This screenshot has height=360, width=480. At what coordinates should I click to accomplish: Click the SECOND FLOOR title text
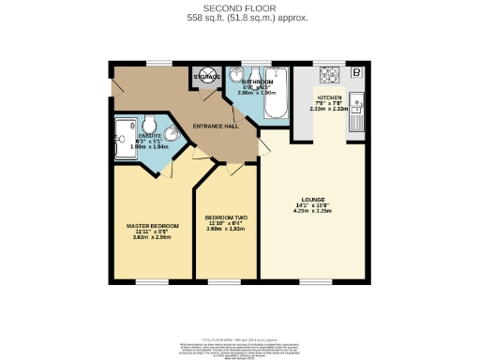pyautogui.click(x=240, y=7)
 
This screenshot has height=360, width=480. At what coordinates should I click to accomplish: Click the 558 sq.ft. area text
pyautogui.click(x=240, y=18)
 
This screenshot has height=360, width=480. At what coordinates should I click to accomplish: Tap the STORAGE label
pyautogui.click(x=205, y=76)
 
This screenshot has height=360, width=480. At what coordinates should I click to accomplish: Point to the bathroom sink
pyautogui.click(x=235, y=77)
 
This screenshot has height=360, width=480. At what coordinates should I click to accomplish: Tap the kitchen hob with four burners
pyautogui.click(x=329, y=74)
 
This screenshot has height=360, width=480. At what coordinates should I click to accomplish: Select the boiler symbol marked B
pyautogui.click(x=356, y=71)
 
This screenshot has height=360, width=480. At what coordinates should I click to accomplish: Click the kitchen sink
pyautogui.click(x=357, y=106)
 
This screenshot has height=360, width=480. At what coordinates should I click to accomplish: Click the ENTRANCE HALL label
pyautogui.click(x=216, y=126)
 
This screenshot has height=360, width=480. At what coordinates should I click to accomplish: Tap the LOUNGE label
pyautogui.click(x=313, y=199)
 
